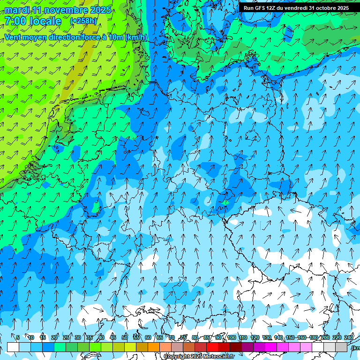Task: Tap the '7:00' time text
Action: click(x=15, y=21)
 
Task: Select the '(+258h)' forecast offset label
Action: click(x=83, y=21)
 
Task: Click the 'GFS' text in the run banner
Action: click(x=263, y=8)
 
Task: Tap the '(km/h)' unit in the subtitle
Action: click(x=136, y=37)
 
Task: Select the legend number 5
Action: click(x=18, y=337)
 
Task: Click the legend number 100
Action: click(x=232, y=337)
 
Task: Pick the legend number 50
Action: click(x=125, y=337)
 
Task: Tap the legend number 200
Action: click(x=325, y=337)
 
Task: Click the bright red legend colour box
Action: click(x=212, y=347)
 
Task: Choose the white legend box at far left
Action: click(x=13, y=347)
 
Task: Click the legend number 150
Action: click(x=290, y=337)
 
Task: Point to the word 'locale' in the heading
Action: click(x=45, y=21)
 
